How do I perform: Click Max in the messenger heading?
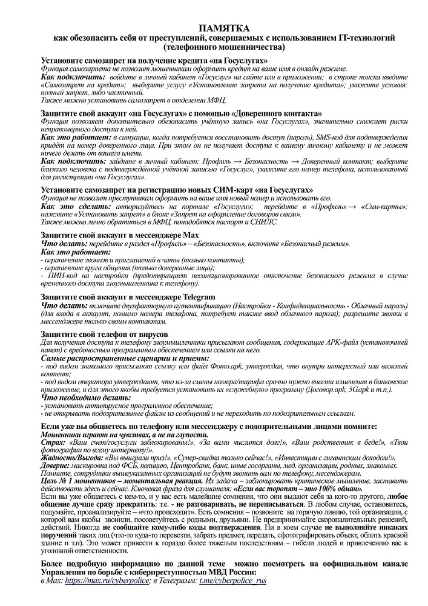190,235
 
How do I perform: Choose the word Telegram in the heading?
197,296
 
